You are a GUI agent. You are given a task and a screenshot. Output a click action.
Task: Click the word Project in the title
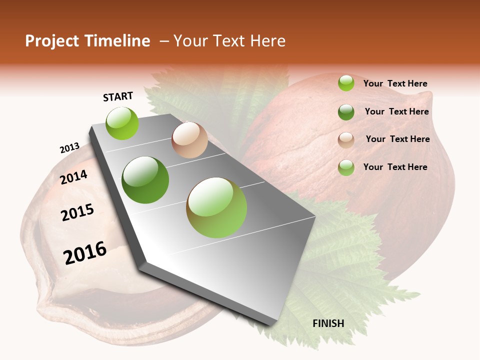tap(52, 41)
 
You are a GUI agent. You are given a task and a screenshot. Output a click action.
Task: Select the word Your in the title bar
tap(190, 41)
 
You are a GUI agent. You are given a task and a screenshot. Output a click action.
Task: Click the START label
tap(118, 96)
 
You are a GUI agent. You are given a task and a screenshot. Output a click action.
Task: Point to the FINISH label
tap(328, 323)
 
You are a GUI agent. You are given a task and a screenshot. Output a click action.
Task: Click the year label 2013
tap(69, 148)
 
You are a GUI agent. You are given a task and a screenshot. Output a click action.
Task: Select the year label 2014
tap(74, 177)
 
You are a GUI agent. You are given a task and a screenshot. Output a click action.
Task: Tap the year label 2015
tap(77, 212)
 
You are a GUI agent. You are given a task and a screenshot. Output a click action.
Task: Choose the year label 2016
tap(85, 253)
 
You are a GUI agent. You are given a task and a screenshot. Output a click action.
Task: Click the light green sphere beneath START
tap(122, 123)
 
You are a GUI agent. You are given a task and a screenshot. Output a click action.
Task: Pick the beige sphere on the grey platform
tap(189, 140)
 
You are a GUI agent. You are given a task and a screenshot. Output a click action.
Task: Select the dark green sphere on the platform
tap(145, 180)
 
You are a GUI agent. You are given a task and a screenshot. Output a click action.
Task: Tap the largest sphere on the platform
tap(216, 207)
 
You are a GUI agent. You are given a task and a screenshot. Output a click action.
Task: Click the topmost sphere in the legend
tap(346, 83)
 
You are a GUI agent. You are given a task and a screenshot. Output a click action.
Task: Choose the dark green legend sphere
tap(346, 112)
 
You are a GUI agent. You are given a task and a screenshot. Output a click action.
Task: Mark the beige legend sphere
tap(346, 140)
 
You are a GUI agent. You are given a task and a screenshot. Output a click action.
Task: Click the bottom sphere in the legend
tap(346, 167)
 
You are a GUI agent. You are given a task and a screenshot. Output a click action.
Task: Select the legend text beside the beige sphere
tap(397, 139)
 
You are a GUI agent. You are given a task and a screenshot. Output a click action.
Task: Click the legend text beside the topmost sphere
tap(395, 84)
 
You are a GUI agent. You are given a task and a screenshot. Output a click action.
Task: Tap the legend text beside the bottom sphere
tap(395, 167)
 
